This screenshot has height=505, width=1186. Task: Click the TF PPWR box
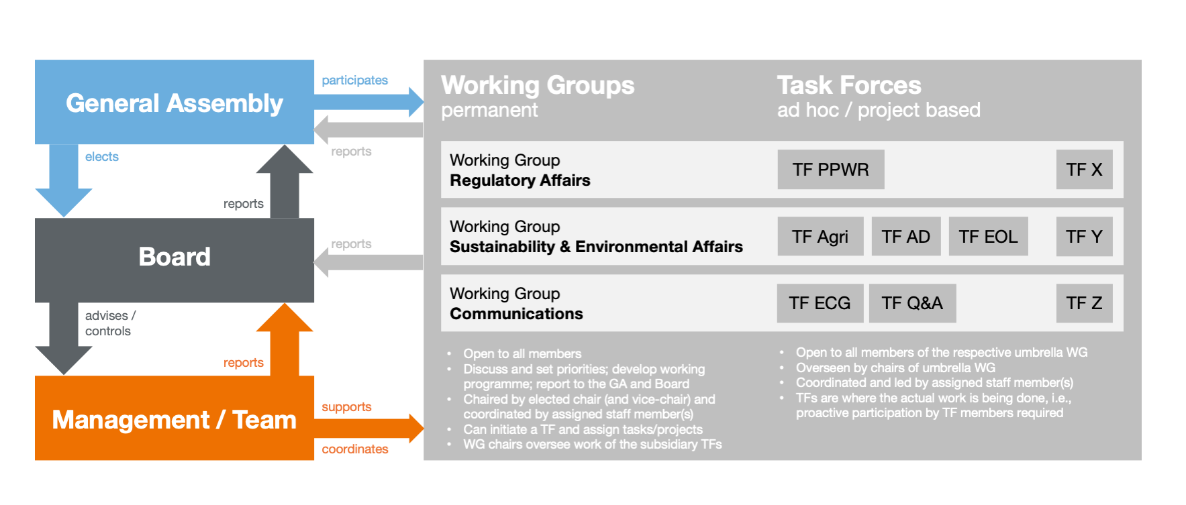coord(830,170)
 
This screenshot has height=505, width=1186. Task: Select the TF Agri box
coord(820,236)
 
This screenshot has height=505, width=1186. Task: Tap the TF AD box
coord(906,236)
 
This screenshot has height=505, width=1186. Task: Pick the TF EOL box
coord(988,236)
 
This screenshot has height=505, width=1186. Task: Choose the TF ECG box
coord(820,303)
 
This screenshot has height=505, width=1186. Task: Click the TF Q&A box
coord(912,303)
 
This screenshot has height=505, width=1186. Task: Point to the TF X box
coord(1084,170)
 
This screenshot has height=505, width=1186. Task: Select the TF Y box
coord(1084,236)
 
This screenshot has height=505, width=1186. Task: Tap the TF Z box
coord(1084,303)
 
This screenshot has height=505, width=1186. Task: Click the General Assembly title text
coord(175,103)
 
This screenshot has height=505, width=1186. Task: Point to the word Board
coord(175,257)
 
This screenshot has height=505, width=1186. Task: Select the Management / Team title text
coord(175,420)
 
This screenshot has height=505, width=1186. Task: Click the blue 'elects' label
coord(102,156)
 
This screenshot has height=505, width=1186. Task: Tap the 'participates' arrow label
coord(354,80)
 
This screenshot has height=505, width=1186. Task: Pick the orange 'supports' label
coord(346,407)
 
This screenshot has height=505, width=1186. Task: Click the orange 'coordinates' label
coord(355,449)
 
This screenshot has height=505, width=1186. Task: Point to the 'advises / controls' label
coord(110,323)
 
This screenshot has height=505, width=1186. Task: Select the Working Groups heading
coord(538,85)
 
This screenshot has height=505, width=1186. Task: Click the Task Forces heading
coord(849,85)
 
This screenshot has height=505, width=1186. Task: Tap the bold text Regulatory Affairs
coord(520,180)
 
